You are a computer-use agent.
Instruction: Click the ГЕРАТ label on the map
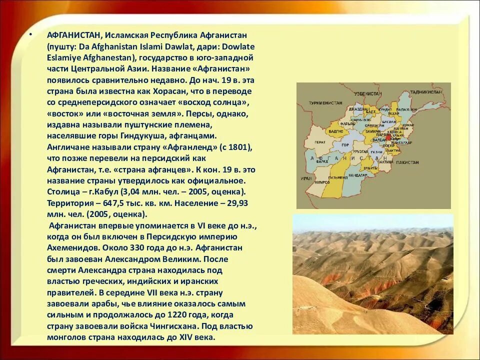(320, 142)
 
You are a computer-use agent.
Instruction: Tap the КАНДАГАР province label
(358, 175)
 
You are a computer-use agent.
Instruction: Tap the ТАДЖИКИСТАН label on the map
(425, 92)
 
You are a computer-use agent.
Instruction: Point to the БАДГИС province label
(336, 131)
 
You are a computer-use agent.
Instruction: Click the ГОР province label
(345, 145)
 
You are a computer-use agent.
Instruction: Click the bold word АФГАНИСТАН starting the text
(74, 35)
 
